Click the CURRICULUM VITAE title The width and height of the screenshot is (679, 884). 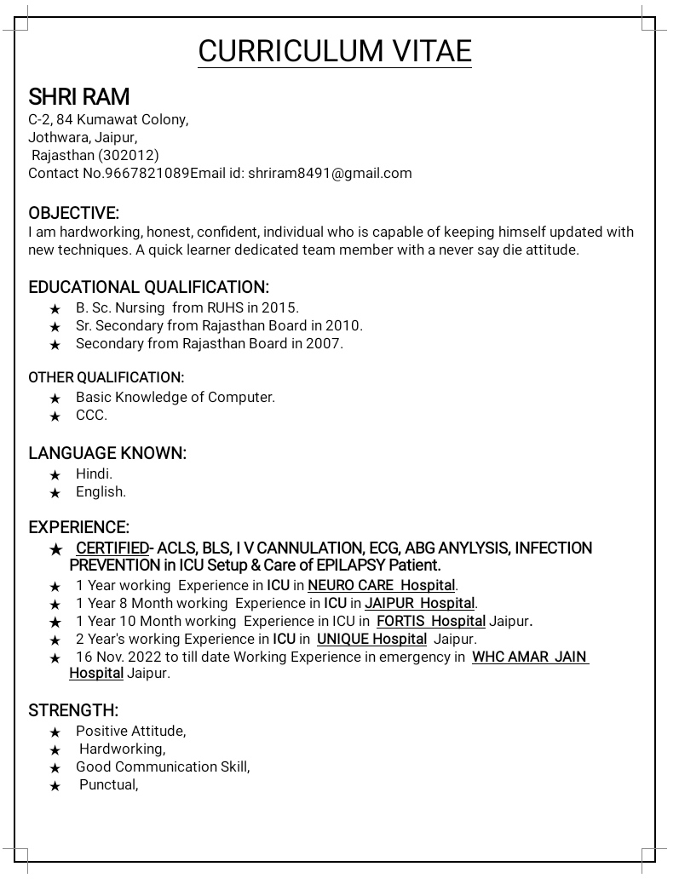click(335, 51)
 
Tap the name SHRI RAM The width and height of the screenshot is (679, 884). click(78, 97)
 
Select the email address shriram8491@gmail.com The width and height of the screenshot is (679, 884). click(330, 173)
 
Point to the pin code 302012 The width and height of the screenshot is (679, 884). click(129, 155)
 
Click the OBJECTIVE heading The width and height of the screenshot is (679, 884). click(73, 213)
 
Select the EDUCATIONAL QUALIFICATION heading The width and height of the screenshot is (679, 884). click(148, 287)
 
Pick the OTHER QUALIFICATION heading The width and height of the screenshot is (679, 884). click(106, 377)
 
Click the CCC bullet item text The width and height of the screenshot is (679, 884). click(91, 415)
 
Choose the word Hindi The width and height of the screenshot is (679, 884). click(94, 474)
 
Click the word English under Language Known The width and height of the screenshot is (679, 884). click(101, 491)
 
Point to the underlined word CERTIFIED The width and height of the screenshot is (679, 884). click(112, 548)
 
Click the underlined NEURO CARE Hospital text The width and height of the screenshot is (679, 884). click(382, 585)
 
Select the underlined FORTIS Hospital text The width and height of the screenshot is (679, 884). click(431, 621)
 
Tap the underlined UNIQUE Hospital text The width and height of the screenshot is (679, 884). click(371, 639)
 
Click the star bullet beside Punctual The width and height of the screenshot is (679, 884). click(55, 786)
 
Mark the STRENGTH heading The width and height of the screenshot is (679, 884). click(73, 710)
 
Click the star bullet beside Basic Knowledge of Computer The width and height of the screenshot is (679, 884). click(55, 399)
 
